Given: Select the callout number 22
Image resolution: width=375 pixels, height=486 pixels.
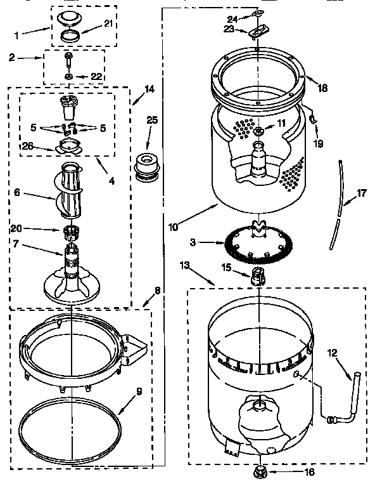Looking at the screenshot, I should click(x=96, y=76).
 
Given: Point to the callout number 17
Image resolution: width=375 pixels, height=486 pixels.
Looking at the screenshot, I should click(x=362, y=194).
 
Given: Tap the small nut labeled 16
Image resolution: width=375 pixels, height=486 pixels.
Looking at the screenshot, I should click(x=259, y=471).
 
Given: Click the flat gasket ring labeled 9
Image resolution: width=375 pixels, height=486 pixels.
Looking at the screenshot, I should click(x=70, y=428).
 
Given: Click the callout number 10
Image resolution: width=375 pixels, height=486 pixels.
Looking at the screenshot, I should click(x=174, y=225).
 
